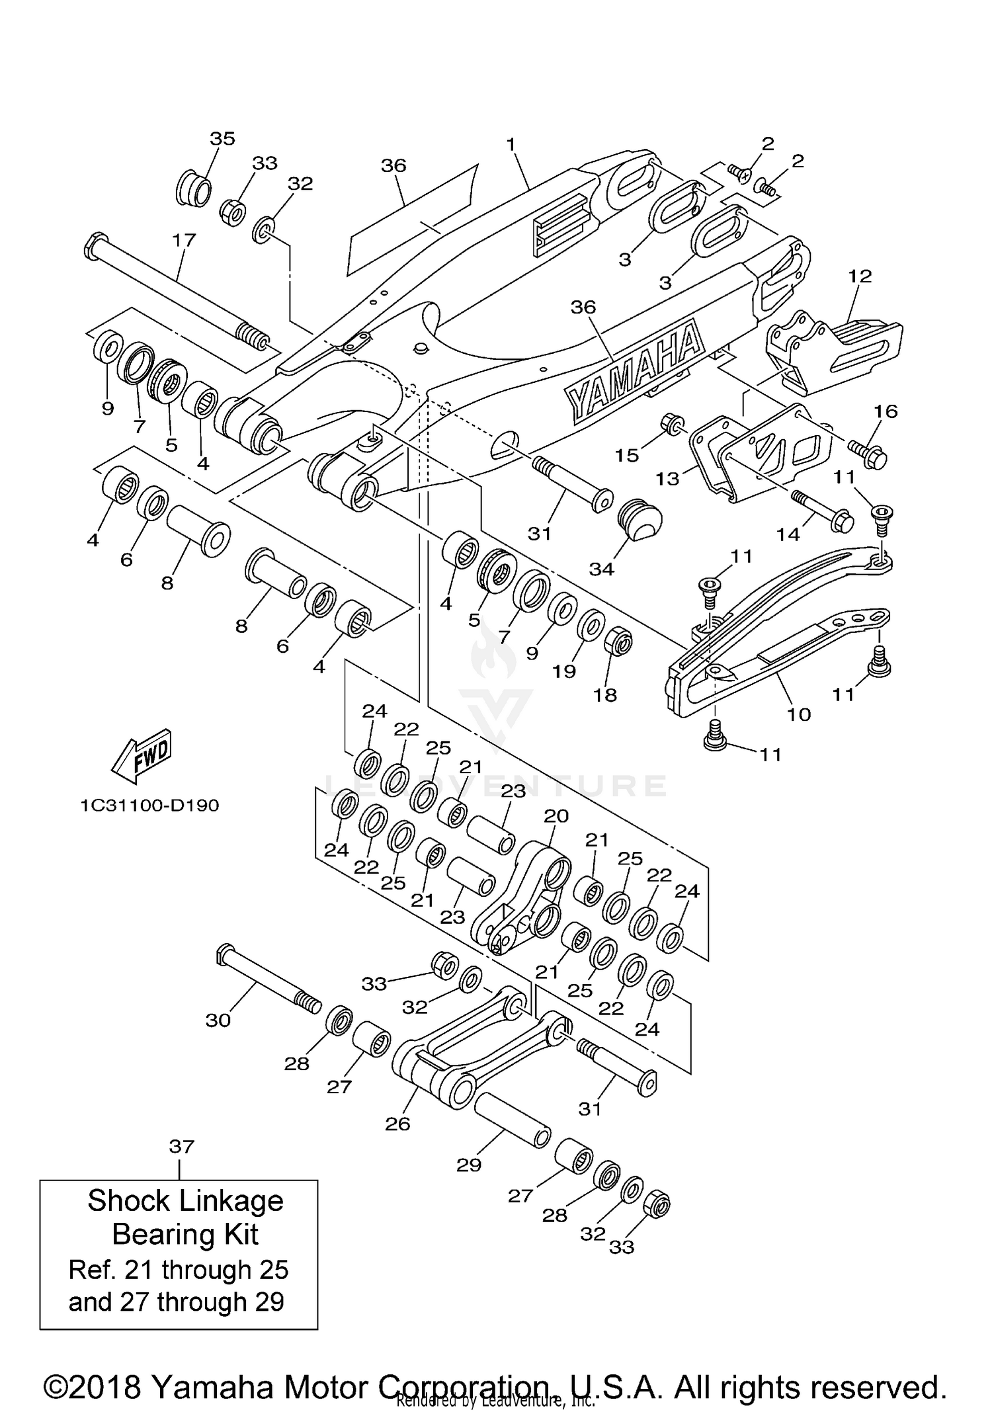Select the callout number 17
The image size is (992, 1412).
(x=185, y=239)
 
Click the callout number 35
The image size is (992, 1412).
(x=222, y=138)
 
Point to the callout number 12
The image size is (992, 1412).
(x=860, y=276)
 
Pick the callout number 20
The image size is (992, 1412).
(x=556, y=815)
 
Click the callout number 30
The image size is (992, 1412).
(x=218, y=1020)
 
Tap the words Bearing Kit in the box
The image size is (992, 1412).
(x=185, y=1234)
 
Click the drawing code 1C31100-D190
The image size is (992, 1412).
(x=149, y=806)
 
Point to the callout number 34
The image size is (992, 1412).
(x=601, y=568)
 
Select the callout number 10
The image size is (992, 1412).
(x=798, y=714)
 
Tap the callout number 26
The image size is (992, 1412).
(x=397, y=1124)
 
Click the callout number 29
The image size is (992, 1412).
(x=468, y=1165)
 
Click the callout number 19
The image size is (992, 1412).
(x=563, y=671)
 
